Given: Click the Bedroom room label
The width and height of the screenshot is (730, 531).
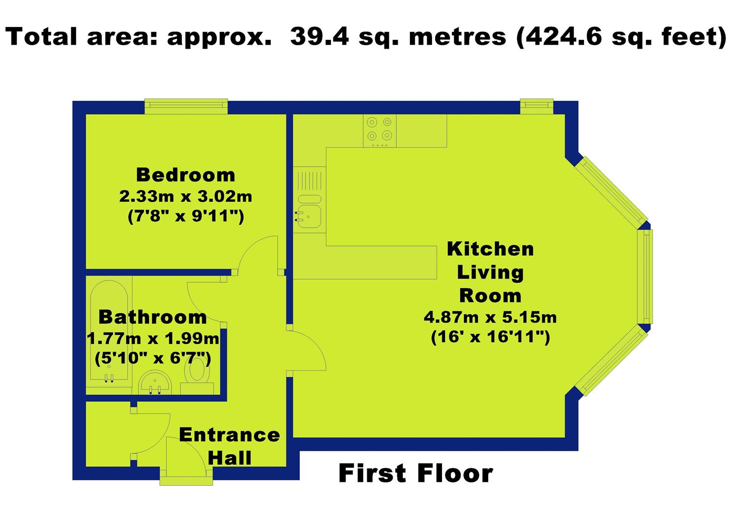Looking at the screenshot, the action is (185, 175).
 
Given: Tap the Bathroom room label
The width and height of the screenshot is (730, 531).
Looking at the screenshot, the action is (152, 317).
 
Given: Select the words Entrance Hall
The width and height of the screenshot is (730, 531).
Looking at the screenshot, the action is (230, 446).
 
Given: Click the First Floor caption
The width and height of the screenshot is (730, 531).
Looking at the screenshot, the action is (415, 473).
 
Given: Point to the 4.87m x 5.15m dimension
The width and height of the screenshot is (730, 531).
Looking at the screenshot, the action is (490, 317).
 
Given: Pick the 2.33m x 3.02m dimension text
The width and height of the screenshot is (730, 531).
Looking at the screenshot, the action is (185, 196).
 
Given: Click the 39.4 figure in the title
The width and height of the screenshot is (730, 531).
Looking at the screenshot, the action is (320, 36).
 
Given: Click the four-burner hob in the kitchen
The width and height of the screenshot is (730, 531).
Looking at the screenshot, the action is (380, 131).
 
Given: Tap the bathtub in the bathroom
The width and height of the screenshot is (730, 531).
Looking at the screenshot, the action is (109, 330).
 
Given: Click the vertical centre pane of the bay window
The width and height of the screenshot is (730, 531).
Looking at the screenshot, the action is (645, 277).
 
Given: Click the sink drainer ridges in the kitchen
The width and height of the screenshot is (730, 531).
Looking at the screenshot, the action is (309, 180).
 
